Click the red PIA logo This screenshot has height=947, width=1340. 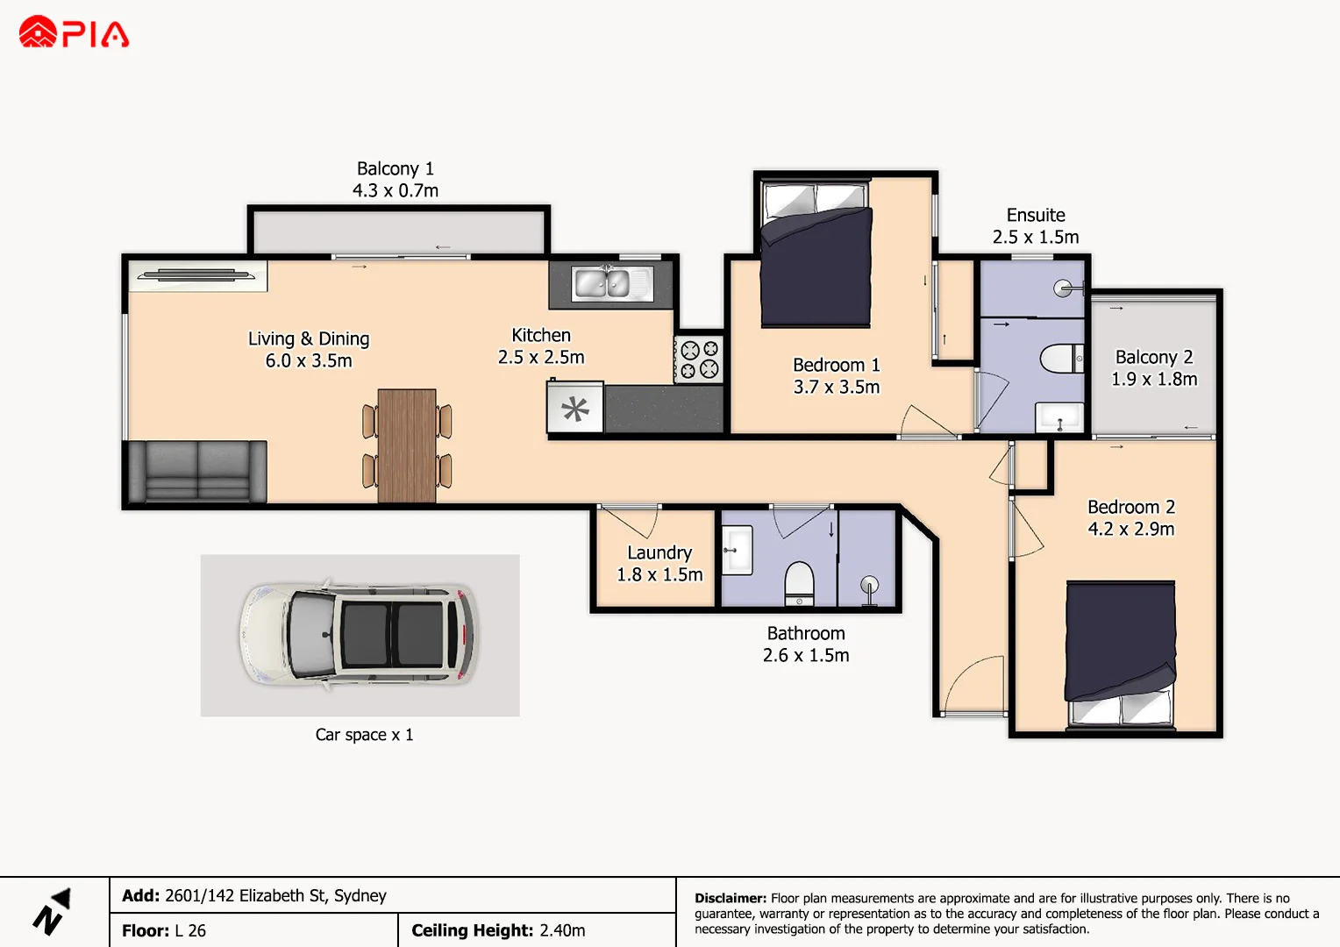[74, 32]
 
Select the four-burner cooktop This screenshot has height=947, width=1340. [699, 359]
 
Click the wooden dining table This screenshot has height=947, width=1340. [407, 445]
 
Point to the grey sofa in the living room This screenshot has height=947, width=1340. [196, 472]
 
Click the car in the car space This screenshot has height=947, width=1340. [359, 635]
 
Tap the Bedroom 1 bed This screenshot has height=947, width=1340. [816, 255]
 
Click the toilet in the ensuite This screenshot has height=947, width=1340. [1062, 359]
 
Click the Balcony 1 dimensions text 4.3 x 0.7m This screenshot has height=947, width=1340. [396, 191]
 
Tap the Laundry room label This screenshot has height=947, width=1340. [659, 552]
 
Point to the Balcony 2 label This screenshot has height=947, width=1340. [1154, 357]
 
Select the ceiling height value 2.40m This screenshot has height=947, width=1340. [562, 930]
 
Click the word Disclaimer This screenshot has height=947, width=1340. [731, 898]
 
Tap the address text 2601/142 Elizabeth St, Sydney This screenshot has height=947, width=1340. [275, 895]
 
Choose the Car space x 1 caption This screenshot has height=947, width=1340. [364, 735]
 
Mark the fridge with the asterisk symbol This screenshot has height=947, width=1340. [575, 408]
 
